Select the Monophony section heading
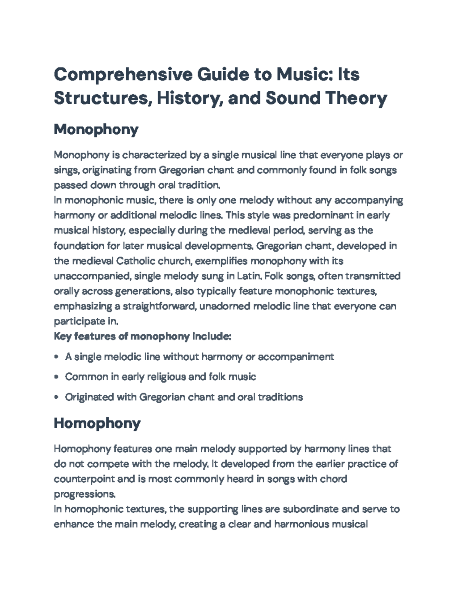click(96, 130)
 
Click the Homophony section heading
click(97, 423)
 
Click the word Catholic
click(137, 261)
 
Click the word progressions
click(84, 494)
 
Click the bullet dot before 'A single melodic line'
click(56, 357)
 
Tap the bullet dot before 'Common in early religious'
click(56, 377)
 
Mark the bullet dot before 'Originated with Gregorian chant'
click(56, 397)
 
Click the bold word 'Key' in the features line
click(62, 337)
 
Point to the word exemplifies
click(220, 261)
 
